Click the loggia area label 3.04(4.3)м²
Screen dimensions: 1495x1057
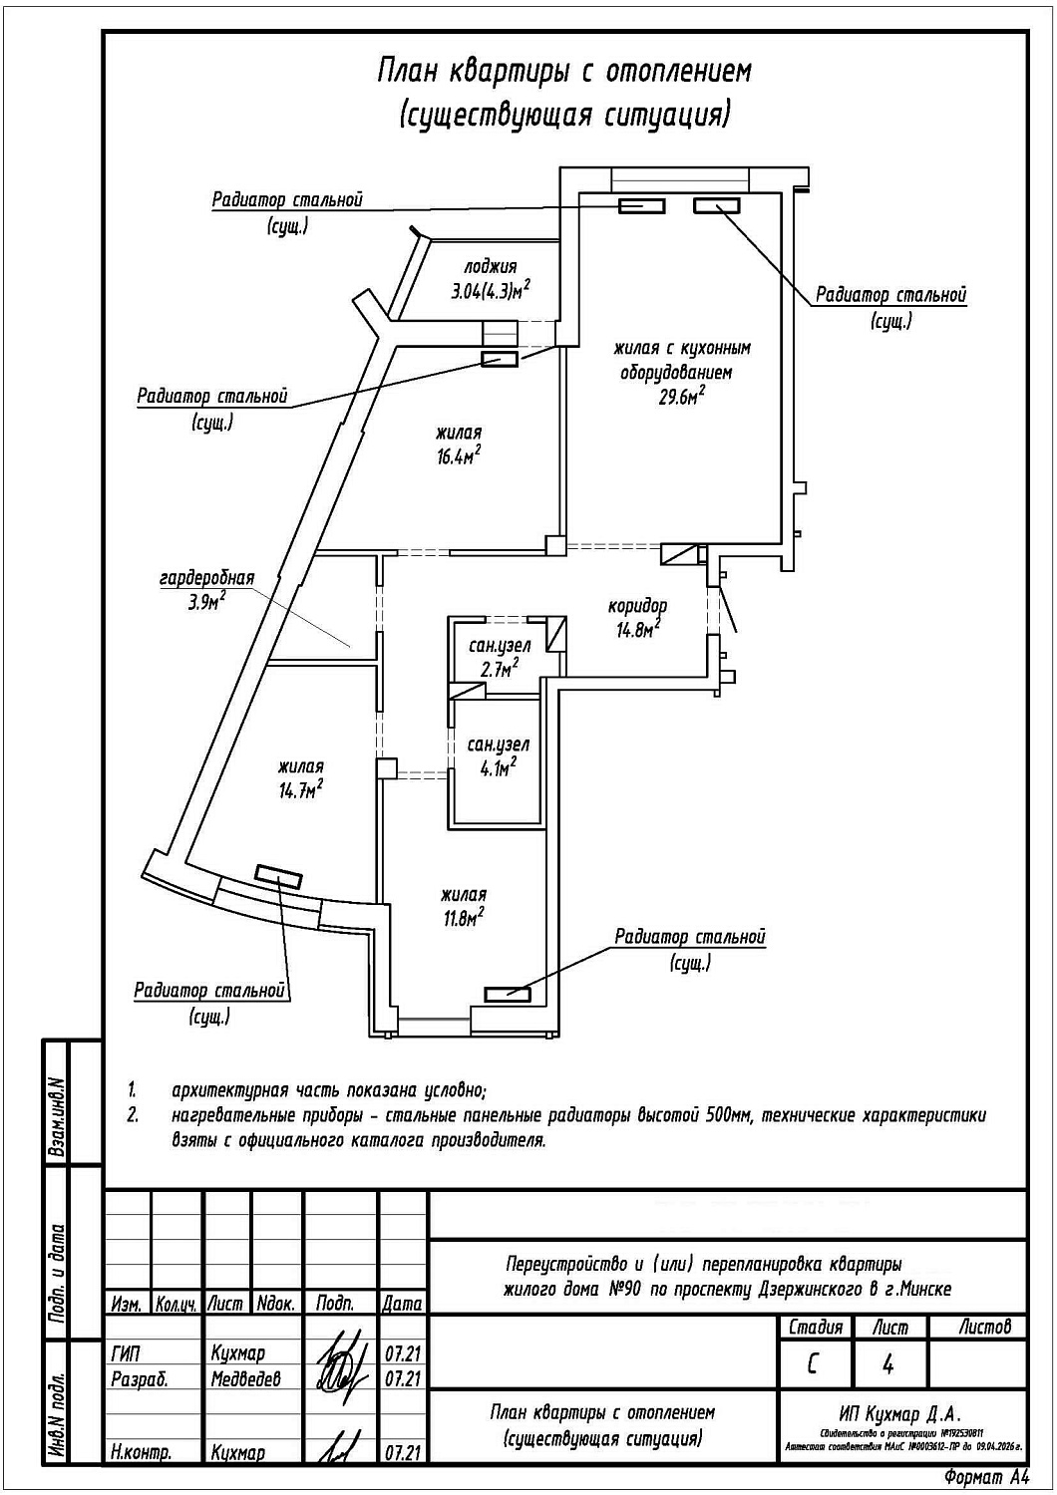pos(490,291)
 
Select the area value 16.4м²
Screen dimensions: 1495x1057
pos(458,456)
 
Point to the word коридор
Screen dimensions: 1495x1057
pos(637,605)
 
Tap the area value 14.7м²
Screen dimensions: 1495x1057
pos(300,790)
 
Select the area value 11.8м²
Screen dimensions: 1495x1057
pos(465,918)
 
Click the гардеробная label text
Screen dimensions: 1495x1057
pos(207,578)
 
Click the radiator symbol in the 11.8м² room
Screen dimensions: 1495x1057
pos(507,993)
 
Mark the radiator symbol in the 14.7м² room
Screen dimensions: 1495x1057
pos(278,875)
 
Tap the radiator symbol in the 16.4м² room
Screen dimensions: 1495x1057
pos(499,359)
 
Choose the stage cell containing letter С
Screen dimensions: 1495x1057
pos(814,1364)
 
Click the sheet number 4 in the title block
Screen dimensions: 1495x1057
pos(888,1364)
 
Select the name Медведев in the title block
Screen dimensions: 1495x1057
pos(246,1379)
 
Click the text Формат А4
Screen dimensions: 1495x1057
pos(984,1476)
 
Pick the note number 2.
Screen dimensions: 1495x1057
pos(133,1115)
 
